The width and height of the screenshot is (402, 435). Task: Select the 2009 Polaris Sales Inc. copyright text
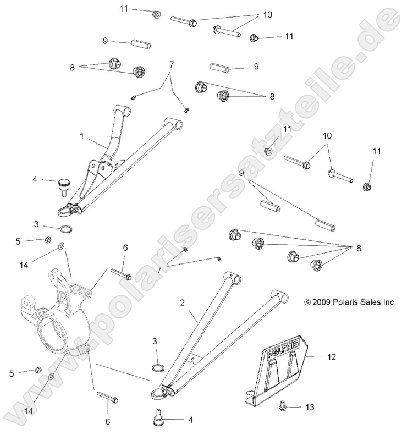coord(350,302)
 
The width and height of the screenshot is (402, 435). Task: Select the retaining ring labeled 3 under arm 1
coord(66,229)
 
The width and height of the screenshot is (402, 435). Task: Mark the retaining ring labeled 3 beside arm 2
coord(157,367)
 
